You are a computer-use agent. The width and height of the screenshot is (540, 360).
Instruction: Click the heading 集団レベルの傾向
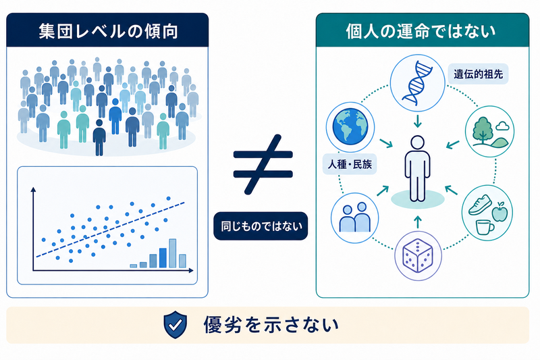point(108,31)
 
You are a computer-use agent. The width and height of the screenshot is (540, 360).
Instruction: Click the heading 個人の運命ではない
point(421,31)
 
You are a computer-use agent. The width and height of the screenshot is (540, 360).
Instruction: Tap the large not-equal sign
point(263,164)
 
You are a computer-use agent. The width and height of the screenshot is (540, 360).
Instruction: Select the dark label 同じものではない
point(261,226)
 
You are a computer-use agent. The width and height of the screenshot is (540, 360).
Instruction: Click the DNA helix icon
point(417,82)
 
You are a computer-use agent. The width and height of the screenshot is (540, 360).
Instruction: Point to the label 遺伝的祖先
point(479,74)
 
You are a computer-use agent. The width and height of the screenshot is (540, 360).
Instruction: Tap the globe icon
point(350,126)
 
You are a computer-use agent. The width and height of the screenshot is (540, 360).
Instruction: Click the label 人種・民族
point(350,164)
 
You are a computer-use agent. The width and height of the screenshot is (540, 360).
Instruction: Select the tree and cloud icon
point(489,132)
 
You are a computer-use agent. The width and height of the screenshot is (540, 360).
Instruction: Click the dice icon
point(418,255)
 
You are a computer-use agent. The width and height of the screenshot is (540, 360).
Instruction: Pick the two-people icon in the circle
point(355,217)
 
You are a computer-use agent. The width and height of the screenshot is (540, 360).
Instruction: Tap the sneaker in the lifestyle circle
point(480,204)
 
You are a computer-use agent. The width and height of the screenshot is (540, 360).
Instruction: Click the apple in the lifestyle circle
point(500,212)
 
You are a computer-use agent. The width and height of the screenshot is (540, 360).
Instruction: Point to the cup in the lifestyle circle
point(485,228)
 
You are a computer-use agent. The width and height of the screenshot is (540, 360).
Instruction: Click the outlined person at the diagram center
point(417,168)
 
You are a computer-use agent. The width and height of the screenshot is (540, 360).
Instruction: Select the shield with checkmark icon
point(175,324)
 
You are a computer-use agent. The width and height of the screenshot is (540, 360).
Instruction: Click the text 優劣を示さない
point(271,325)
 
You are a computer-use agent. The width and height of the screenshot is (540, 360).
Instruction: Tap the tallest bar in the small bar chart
point(173,253)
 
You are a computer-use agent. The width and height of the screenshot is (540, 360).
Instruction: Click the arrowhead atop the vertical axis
point(33,190)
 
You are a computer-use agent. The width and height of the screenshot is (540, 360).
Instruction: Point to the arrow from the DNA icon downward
point(417,121)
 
